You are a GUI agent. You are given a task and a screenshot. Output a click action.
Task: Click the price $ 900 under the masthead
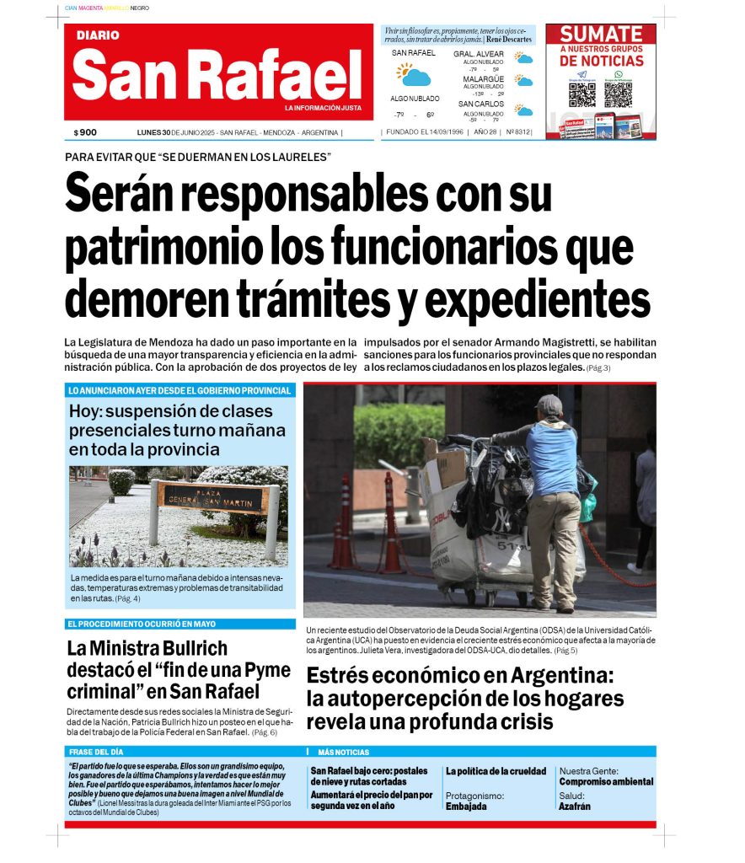[x=85, y=132]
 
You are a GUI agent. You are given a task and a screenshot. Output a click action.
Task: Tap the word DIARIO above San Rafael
[x=98, y=35]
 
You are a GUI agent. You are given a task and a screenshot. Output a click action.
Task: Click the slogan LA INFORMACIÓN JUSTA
[x=323, y=108]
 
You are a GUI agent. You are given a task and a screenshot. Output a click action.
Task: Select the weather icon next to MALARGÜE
[x=524, y=82]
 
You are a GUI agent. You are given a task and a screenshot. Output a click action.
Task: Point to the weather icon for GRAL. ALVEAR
[x=524, y=58]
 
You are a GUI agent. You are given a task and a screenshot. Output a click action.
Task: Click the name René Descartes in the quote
[x=509, y=40]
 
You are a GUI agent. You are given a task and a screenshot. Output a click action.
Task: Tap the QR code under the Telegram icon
[x=582, y=94]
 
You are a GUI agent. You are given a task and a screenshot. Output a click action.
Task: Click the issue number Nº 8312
[x=518, y=132]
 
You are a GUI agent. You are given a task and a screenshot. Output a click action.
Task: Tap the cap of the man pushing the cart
[x=549, y=405]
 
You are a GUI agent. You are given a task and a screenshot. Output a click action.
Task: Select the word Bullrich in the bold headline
[x=189, y=649]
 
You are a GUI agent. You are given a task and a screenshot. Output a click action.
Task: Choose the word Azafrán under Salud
[x=574, y=807]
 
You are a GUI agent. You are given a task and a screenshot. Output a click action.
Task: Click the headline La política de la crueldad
[x=496, y=771]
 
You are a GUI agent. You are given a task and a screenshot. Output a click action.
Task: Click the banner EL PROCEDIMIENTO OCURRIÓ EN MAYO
[x=142, y=624]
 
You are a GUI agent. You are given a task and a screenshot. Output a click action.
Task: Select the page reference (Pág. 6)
[x=264, y=732]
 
